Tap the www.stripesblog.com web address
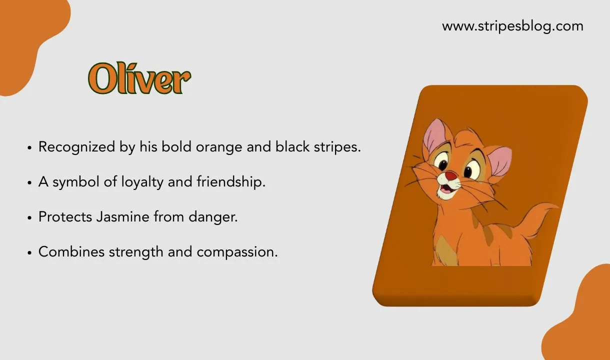(x=512, y=26)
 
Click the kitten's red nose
(x=450, y=175)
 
